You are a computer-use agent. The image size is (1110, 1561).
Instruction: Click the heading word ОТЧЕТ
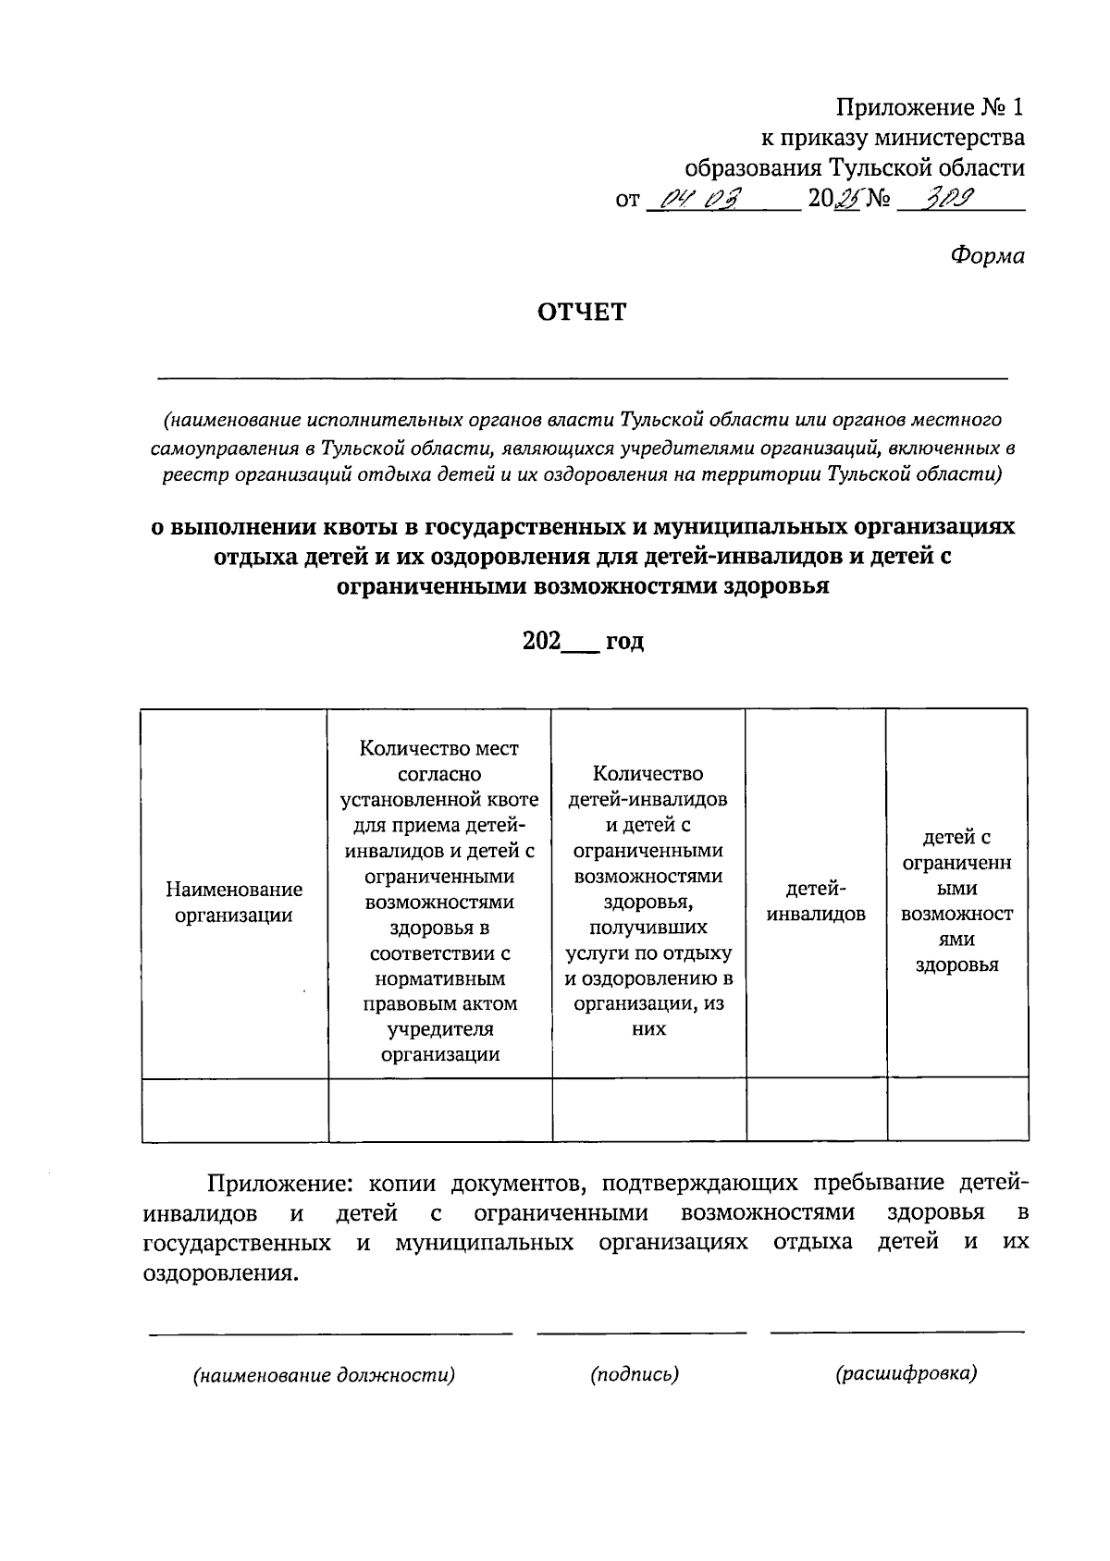pos(582,313)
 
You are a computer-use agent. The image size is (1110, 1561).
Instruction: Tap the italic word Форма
pos(987,256)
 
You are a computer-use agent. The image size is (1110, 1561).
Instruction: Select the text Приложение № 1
pos(930,108)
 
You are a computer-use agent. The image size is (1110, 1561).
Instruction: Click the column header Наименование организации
pos(234,903)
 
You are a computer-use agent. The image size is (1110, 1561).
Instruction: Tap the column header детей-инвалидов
pos(816,903)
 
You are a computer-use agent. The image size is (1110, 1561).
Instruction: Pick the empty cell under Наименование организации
pos(235,1110)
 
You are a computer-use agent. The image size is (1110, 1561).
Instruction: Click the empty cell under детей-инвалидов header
pos(816,1110)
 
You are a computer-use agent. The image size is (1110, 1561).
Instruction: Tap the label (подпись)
pos(635,1374)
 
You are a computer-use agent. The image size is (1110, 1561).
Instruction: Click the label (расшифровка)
pos(906,1374)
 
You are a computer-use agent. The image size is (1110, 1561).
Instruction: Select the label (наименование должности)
pos(324,1375)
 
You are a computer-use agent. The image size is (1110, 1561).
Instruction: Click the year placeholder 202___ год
pos(583,642)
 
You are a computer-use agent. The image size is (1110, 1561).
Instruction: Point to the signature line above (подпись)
pos(641,1333)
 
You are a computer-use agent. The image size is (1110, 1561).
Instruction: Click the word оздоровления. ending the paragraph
pos(222,1273)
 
